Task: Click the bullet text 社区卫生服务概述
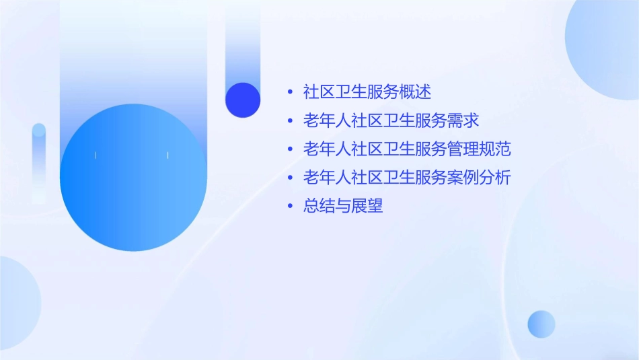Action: coord(367,92)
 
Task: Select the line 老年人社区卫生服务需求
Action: coord(391,120)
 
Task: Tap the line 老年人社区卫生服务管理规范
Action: coord(407,149)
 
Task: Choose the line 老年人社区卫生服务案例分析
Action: coord(407,178)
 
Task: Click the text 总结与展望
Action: coord(343,207)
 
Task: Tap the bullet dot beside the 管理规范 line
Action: coord(290,149)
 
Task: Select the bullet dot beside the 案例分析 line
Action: coord(290,178)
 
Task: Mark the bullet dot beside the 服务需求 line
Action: coord(290,121)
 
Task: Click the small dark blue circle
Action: coord(243,100)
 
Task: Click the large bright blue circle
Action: coord(133,178)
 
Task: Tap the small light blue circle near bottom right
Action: coord(541,324)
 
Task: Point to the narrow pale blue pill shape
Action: coord(39,161)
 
